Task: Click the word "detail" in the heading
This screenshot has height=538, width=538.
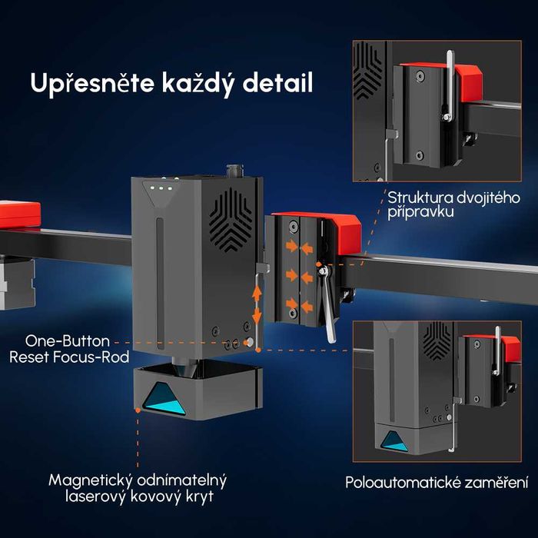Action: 277,83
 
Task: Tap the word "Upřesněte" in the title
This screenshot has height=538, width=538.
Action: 92,84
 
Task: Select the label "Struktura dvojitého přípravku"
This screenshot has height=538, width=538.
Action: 453,205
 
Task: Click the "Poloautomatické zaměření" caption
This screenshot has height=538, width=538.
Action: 437,483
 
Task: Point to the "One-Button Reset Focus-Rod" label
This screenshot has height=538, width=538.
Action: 69,349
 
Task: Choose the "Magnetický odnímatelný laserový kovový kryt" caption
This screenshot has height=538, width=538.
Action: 138,489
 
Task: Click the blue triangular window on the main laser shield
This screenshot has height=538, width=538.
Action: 164,399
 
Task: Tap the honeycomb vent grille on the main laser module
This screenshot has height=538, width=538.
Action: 231,220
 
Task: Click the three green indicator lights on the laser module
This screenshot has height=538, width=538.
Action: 161,188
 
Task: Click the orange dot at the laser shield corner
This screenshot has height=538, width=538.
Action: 138,410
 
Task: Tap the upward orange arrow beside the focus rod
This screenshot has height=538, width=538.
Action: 257,294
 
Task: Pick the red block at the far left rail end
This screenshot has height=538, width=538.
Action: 19,214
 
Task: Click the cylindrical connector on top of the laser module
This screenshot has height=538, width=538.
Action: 234,171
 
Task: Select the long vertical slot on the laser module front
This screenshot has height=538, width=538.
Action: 160,284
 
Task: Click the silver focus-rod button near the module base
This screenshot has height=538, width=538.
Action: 250,342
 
